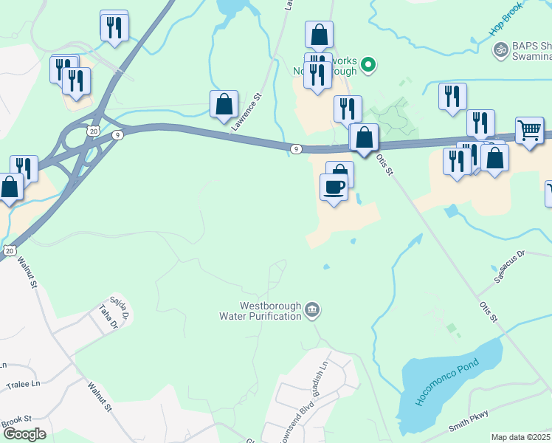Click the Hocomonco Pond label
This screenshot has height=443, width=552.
447,382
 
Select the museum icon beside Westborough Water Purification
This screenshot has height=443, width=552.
312,309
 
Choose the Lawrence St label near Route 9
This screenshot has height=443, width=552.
246,112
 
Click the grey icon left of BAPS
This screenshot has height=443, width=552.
500,49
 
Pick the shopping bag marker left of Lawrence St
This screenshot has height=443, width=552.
224,105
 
